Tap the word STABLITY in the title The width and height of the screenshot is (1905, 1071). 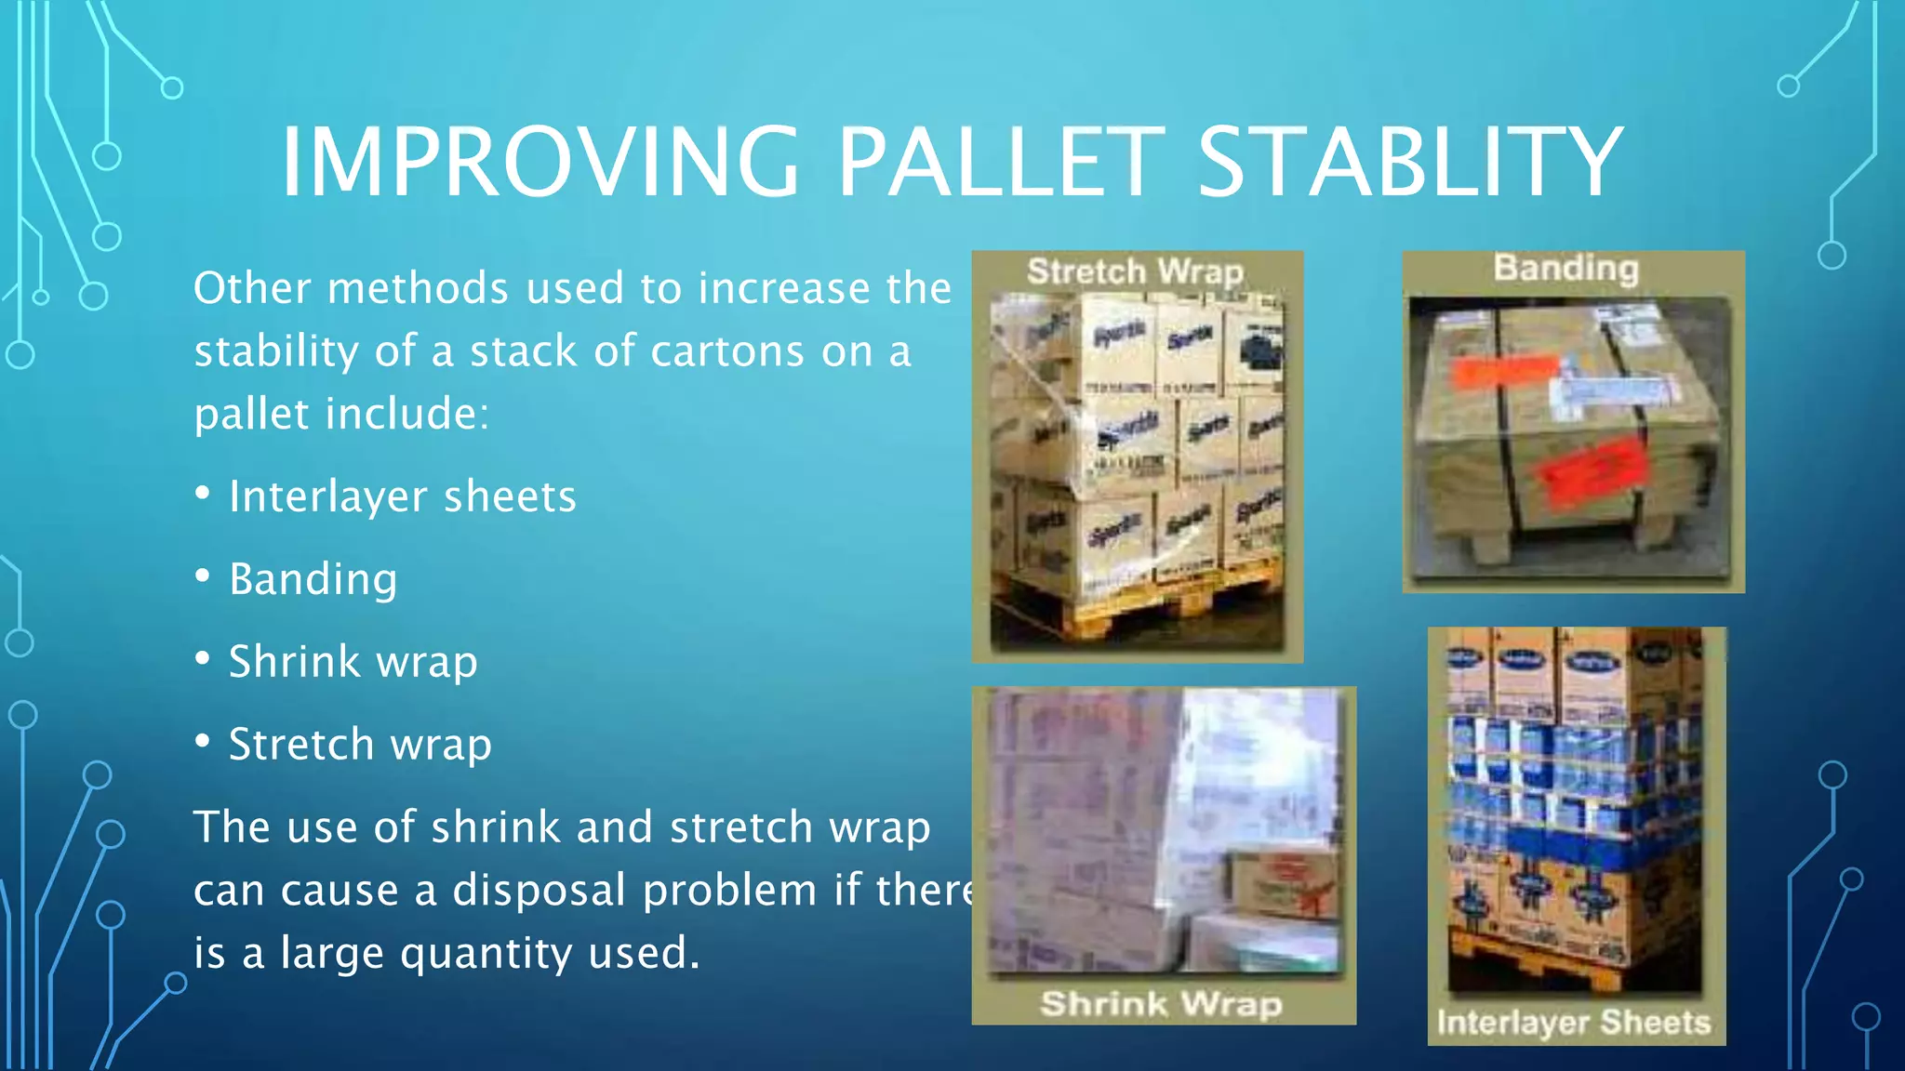(x=1410, y=163)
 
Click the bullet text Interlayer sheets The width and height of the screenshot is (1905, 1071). (x=403, y=496)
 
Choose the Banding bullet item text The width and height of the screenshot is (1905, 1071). (x=313, y=579)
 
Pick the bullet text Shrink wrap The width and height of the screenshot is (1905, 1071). (x=353, y=662)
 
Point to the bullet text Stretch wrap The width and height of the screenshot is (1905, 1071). (x=360, y=745)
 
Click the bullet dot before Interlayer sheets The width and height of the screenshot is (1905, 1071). (x=203, y=493)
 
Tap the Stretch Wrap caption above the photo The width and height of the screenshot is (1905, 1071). (x=1135, y=271)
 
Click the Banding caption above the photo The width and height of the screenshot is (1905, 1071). (x=1566, y=268)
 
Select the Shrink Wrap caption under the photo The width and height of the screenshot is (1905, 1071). (x=1161, y=1004)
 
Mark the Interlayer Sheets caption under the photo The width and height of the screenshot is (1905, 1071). (x=1574, y=1023)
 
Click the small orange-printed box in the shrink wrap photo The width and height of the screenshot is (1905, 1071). (x=1286, y=883)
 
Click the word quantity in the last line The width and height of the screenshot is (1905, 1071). (x=474, y=954)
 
